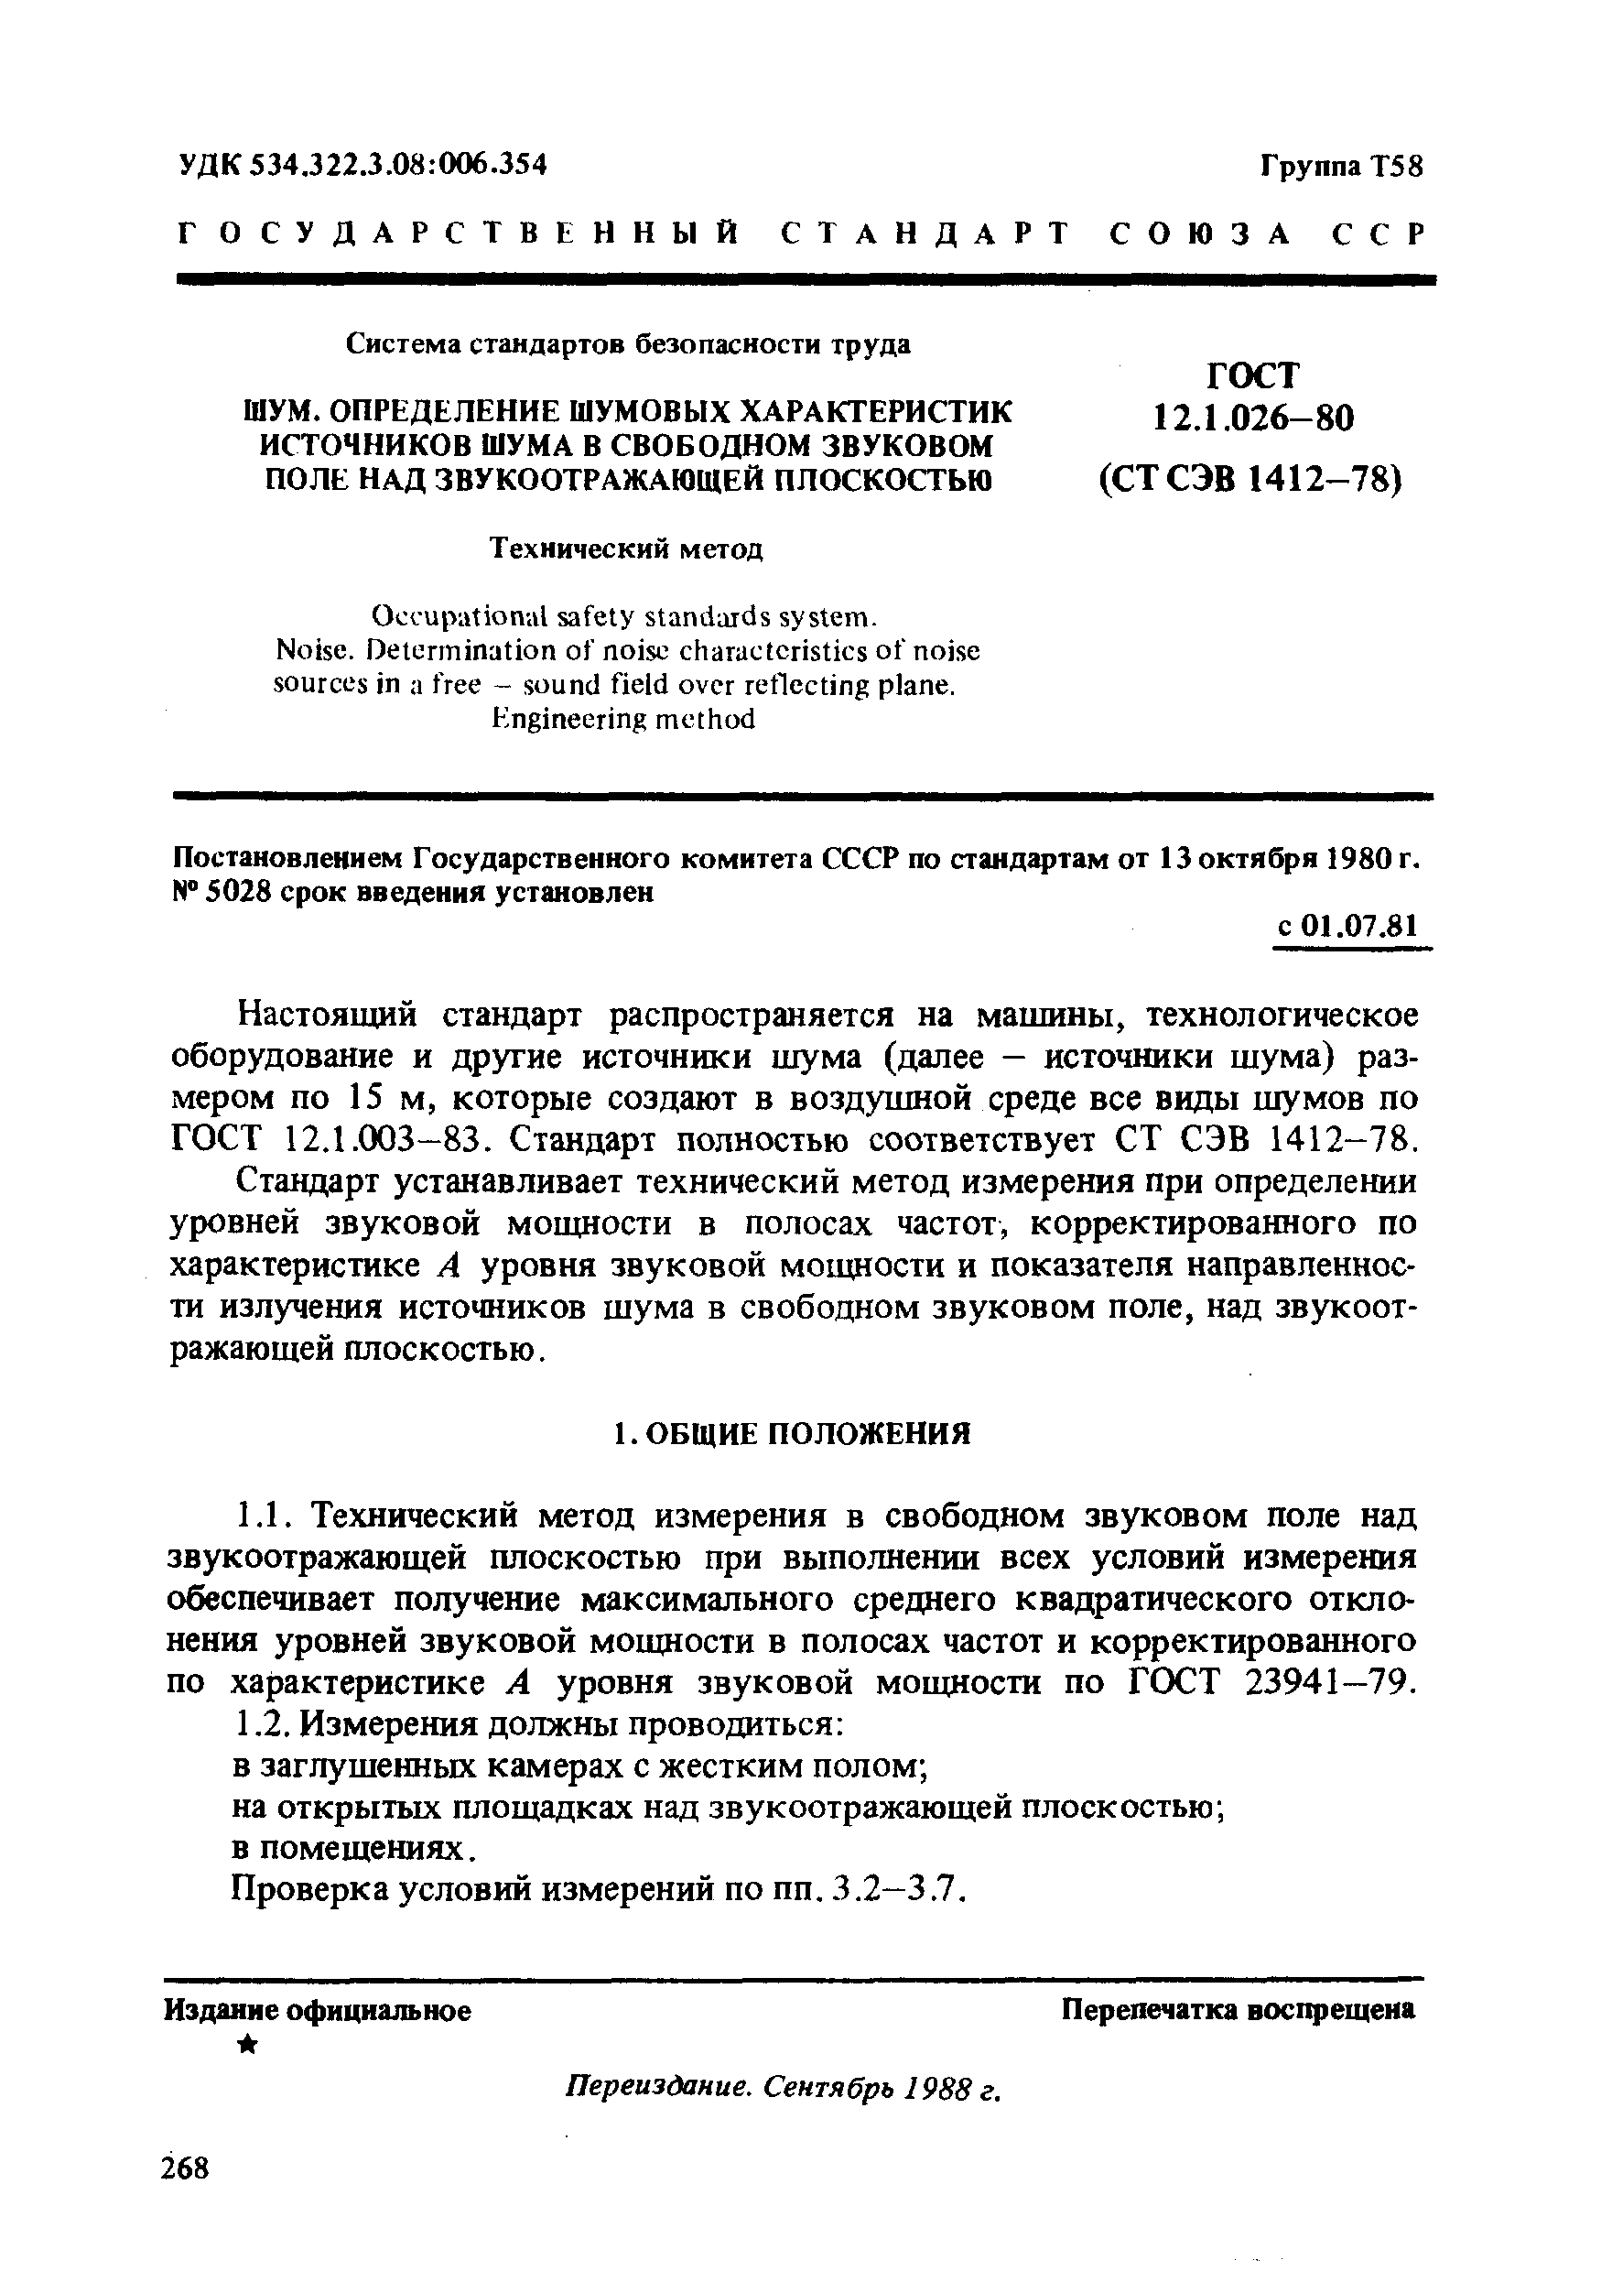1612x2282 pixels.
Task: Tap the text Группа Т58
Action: tap(1342, 166)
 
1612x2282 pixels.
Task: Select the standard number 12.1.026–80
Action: tap(1253, 418)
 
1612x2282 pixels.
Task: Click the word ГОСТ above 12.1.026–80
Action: tap(1253, 375)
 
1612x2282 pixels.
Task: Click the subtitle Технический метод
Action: tap(628, 549)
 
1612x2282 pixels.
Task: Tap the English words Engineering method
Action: tap(624, 719)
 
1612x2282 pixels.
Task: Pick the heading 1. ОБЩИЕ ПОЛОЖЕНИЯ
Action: tap(791, 1433)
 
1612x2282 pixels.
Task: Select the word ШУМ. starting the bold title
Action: tap(282, 410)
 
